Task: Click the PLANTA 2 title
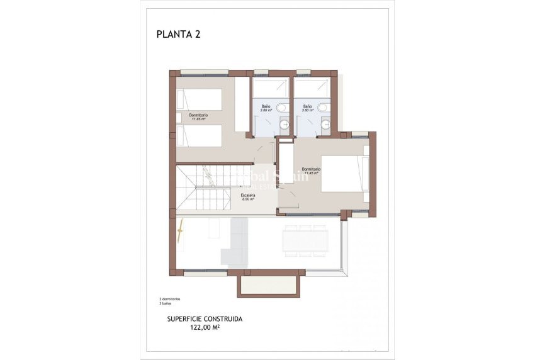[178, 35]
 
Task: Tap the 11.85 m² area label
[199, 119]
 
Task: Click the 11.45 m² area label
[311, 172]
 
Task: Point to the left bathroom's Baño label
[266, 106]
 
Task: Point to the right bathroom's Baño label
[308, 106]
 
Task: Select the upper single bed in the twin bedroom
[199, 99]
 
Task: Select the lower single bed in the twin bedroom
[199, 135]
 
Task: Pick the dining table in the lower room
[305, 240]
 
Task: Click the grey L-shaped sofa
[237, 242]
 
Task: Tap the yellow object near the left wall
[180, 231]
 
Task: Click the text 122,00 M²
[205, 327]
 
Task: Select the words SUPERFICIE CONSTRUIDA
[205, 319]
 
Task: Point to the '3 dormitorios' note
[170, 298]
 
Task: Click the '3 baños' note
[166, 303]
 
